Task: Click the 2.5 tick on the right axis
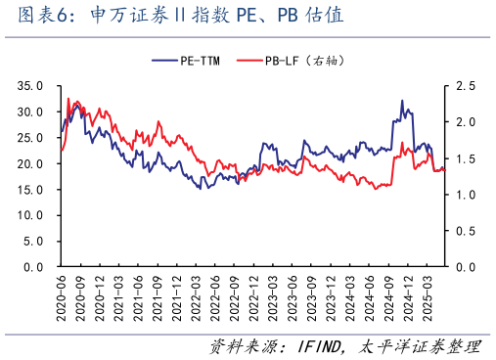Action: [465, 86]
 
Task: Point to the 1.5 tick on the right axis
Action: [465, 158]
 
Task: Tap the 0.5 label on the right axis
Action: [465, 230]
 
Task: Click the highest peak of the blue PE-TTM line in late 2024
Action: [401, 100]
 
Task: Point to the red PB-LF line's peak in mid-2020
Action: [68, 99]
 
